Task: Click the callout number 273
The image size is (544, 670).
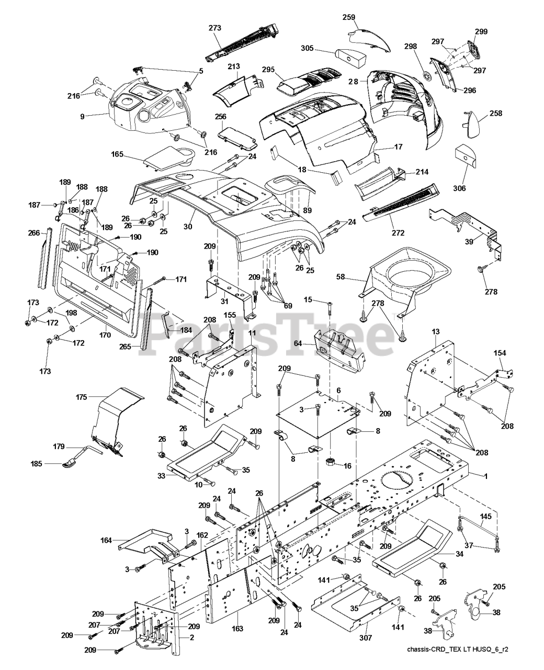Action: coord(214,27)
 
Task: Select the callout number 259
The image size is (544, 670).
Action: coord(349,17)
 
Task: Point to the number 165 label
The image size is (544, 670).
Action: coord(117,154)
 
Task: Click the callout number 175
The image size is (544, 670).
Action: coord(82,397)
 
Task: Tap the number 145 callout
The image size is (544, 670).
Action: coord(486,516)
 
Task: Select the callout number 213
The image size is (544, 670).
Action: coord(233,66)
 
